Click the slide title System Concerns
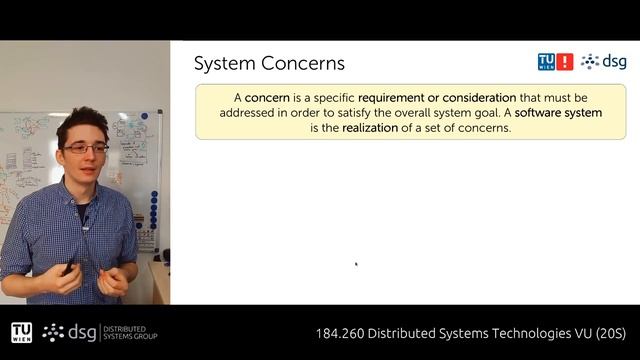point(269,63)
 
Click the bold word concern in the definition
point(267,98)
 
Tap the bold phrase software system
point(560,113)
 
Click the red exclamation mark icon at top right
point(566,62)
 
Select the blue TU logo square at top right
point(547,62)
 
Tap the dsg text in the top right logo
point(616,62)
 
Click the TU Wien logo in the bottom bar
point(21,332)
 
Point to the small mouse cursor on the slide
point(356,265)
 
